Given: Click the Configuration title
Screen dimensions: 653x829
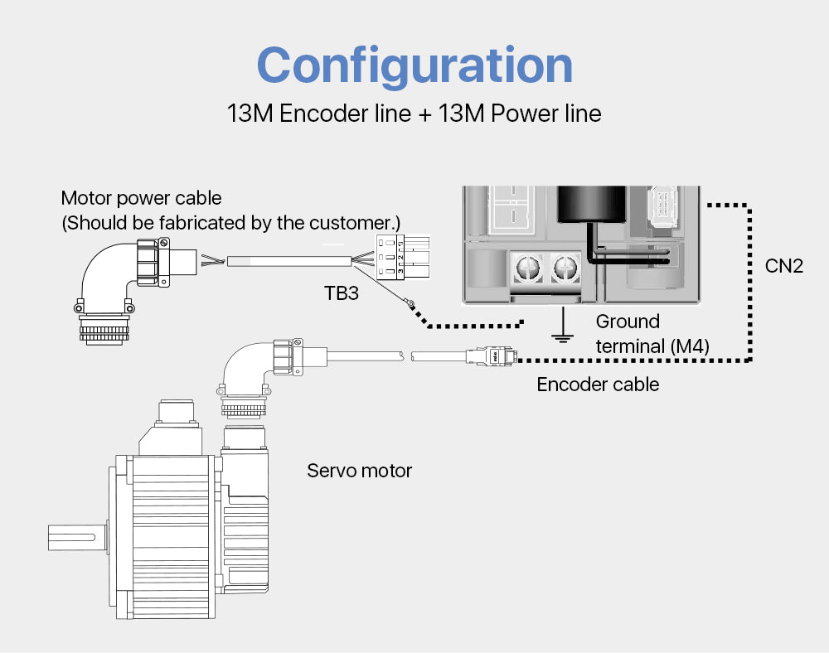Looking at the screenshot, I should [x=414, y=65].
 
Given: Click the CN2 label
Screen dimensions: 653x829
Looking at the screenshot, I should [x=783, y=266].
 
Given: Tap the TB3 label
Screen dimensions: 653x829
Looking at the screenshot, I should [x=341, y=293].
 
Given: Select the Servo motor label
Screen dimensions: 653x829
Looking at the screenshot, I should [x=359, y=471].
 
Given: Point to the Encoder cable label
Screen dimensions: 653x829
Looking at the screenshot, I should [x=598, y=384].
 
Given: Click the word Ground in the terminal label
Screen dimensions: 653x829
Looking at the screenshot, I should [x=628, y=322].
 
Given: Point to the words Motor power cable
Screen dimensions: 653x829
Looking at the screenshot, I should [x=142, y=198].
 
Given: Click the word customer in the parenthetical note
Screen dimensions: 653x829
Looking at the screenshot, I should [x=352, y=223].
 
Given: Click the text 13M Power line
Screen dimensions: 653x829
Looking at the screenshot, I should [x=520, y=113].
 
